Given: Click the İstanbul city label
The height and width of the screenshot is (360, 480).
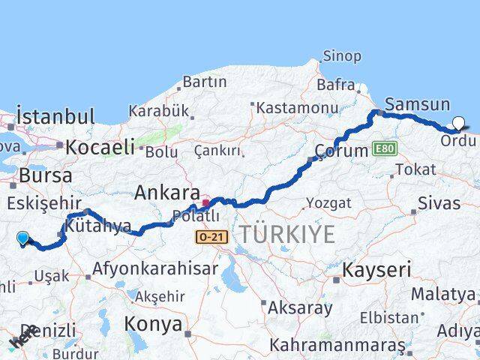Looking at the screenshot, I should coord(55,117).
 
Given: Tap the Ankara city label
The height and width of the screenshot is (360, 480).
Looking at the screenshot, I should coord(166,193).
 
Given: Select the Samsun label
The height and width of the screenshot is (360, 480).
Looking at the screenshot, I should coord(417,105).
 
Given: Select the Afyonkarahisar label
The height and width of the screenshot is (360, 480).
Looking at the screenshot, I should coord(155,268).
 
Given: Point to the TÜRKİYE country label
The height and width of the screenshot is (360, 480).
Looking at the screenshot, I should coord(287,235).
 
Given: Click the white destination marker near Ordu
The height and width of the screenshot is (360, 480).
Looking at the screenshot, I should coord(458,124).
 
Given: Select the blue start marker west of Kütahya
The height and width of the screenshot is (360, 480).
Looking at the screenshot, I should coord(23,238).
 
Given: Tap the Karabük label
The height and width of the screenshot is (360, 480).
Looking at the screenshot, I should coord(158,111).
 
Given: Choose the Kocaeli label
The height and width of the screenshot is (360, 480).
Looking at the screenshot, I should coord(100,147).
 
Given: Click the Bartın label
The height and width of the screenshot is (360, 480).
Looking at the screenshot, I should coord(204,81).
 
